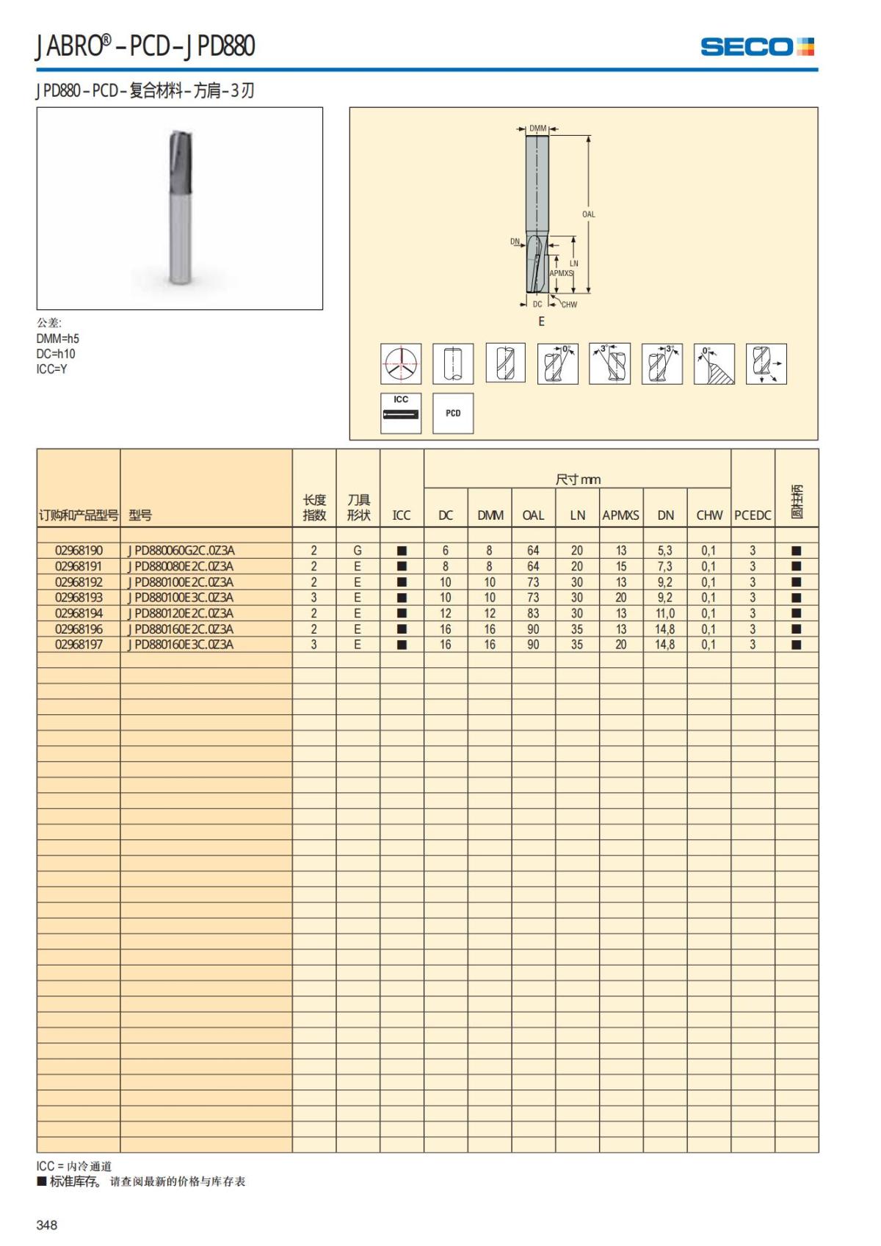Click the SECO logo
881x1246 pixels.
pyautogui.click(x=757, y=47)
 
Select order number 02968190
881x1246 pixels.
pyautogui.click(x=79, y=551)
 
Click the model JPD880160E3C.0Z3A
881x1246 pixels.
pyautogui.click(x=181, y=645)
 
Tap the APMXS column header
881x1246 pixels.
pyautogui.click(x=620, y=515)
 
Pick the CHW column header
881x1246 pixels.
pyautogui.click(x=709, y=515)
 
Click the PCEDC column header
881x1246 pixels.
pyautogui.click(x=753, y=515)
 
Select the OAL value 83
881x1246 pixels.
pyautogui.click(x=533, y=614)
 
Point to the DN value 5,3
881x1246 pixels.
pyautogui.click(x=664, y=551)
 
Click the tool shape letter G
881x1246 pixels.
pyautogui.click(x=358, y=551)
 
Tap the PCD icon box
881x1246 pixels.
pyautogui.click(x=453, y=413)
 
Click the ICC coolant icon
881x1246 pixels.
pyautogui.click(x=401, y=413)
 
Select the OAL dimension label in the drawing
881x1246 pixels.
pyautogui.click(x=589, y=214)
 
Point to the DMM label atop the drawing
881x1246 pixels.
pyautogui.click(x=538, y=128)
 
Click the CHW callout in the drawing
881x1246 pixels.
pyautogui.click(x=569, y=305)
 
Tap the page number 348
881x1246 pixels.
pyautogui.click(x=47, y=1225)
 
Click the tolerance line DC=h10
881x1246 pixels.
pyautogui.click(x=56, y=354)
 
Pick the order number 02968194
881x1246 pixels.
pyautogui.click(x=79, y=614)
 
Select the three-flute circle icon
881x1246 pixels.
pyautogui.click(x=401, y=363)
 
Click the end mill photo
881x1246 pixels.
pyautogui.click(x=180, y=208)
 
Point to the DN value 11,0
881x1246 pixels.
pyautogui.click(x=664, y=614)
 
